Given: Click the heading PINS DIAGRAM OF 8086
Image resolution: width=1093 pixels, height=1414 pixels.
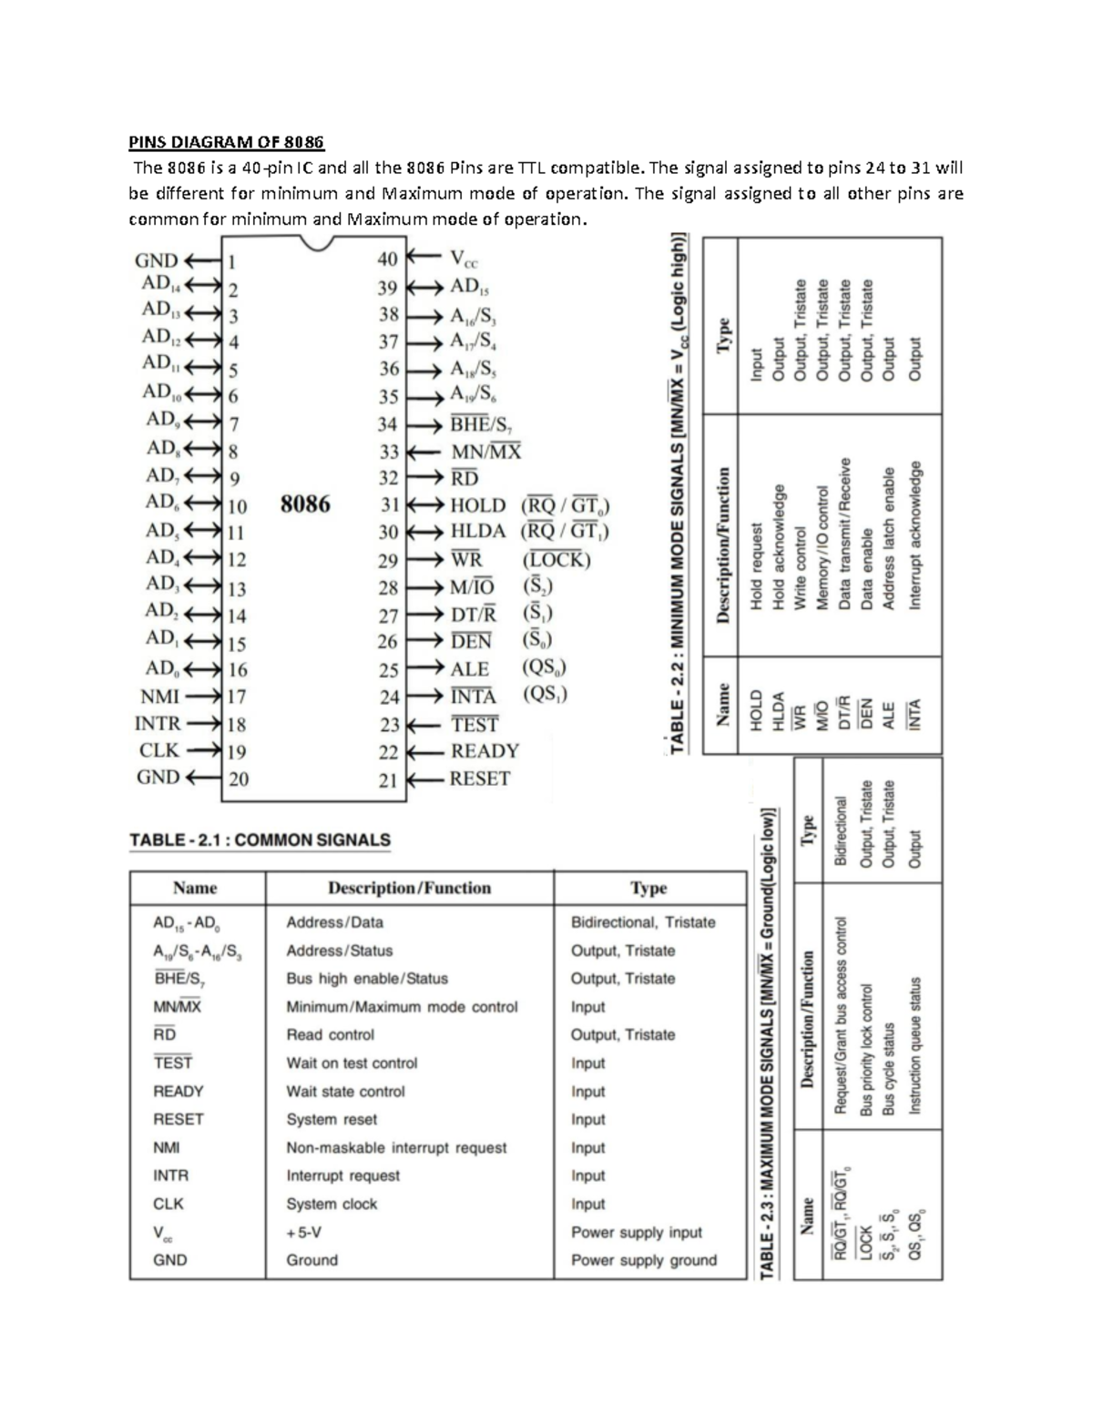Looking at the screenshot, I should click(x=225, y=142).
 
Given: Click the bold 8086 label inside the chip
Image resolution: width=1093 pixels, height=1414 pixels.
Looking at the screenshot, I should click(x=305, y=504).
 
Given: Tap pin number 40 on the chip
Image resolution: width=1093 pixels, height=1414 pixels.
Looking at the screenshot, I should click(x=388, y=259).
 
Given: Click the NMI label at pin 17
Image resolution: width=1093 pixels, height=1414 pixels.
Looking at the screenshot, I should click(x=159, y=697).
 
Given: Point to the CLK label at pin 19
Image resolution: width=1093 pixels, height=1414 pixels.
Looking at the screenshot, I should click(x=159, y=751).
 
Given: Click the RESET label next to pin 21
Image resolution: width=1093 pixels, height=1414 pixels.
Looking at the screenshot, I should click(x=480, y=778).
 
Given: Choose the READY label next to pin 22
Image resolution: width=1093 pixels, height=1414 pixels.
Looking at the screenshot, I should click(x=485, y=751).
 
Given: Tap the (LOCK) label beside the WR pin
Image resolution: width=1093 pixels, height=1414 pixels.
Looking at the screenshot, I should click(x=557, y=560).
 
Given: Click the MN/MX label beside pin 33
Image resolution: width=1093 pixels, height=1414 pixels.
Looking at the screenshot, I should click(x=486, y=452).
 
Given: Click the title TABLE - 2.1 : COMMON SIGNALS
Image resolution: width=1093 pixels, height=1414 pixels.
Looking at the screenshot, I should click(x=260, y=839).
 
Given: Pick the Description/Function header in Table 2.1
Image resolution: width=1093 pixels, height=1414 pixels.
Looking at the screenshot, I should click(x=409, y=888).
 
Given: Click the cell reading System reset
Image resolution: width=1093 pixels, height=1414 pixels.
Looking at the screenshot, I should click(x=332, y=1119).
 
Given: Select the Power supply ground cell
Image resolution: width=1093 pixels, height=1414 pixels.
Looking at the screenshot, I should click(x=643, y=1260).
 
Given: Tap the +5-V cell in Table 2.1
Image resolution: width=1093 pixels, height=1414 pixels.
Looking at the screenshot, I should click(x=304, y=1232).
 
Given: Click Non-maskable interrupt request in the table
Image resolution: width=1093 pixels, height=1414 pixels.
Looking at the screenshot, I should click(x=396, y=1147).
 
